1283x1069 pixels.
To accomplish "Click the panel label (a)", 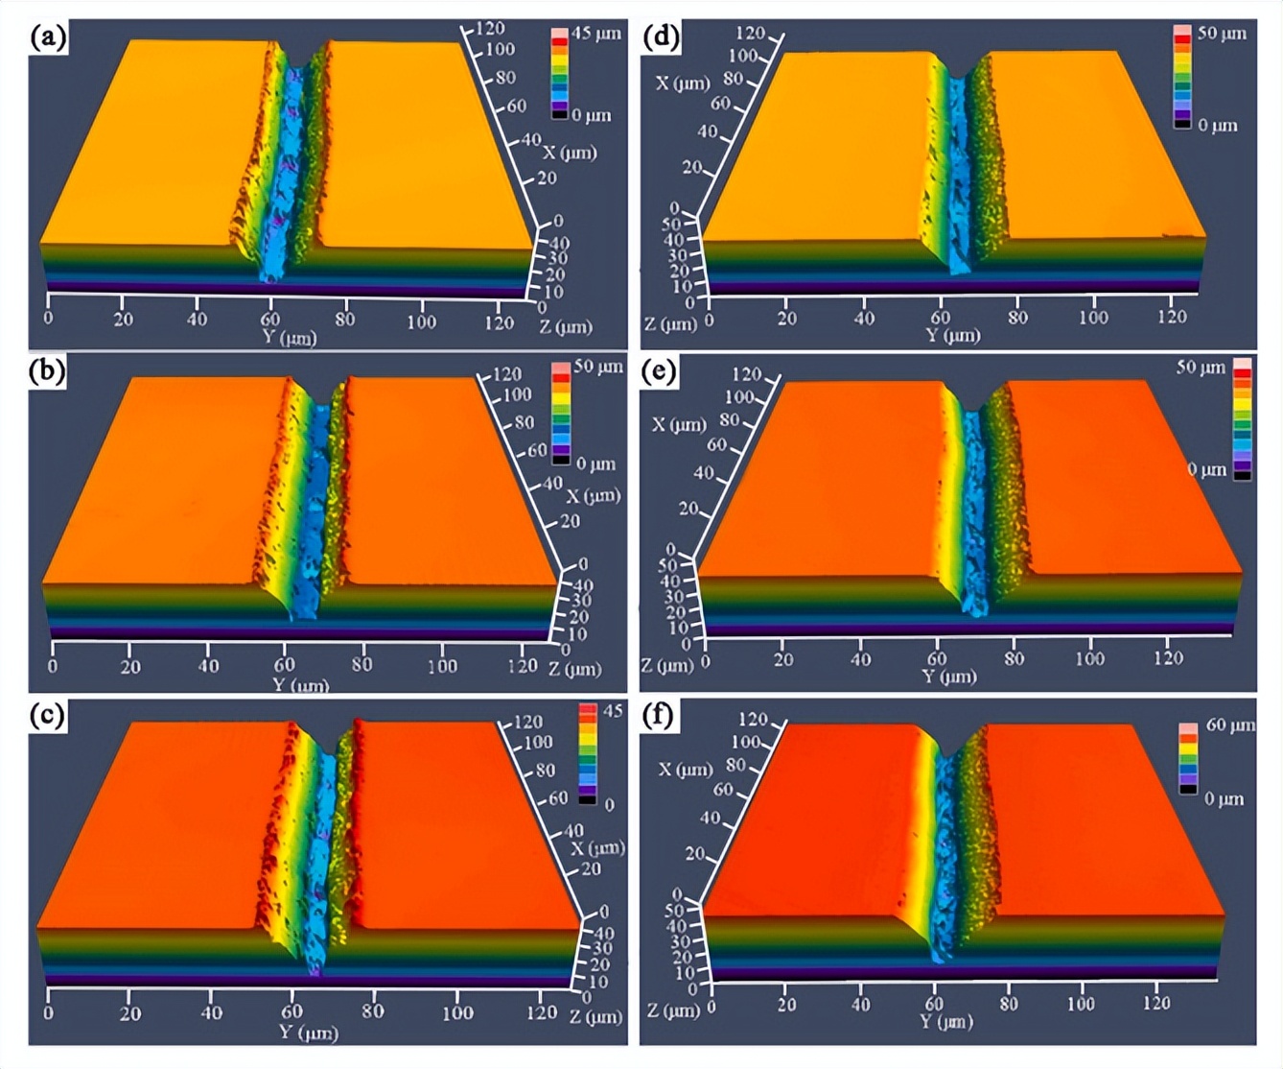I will click(x=48, y=37).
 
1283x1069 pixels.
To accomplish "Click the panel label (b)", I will click(x=48, y=371).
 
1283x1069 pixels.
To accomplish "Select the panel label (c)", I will click(x=48, y=716).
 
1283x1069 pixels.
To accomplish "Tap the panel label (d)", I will click(x=661, y=37).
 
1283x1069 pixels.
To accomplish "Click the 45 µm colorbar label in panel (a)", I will click(x=595, y=34).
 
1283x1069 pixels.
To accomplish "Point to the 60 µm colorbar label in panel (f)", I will click(x=1229, y=725).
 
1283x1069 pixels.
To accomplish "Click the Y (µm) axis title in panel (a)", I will click(x=289, y=337).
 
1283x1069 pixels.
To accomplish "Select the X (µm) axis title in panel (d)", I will click(x=683, y=83).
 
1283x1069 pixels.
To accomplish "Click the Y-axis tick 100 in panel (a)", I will click(x=421, y=321).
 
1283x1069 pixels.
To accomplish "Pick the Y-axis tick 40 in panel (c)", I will click(x=212, y=1011).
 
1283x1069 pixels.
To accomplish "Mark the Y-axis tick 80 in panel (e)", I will click(x=1014, y=658).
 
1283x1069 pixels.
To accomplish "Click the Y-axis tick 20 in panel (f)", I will click(x=786, y=1004).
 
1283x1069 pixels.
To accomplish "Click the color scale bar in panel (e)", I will click(x=1242, y=417).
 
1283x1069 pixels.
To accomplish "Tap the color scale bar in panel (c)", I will click(x=587, y=754).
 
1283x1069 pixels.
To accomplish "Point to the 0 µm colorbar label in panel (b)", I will click(x=595, y=464).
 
